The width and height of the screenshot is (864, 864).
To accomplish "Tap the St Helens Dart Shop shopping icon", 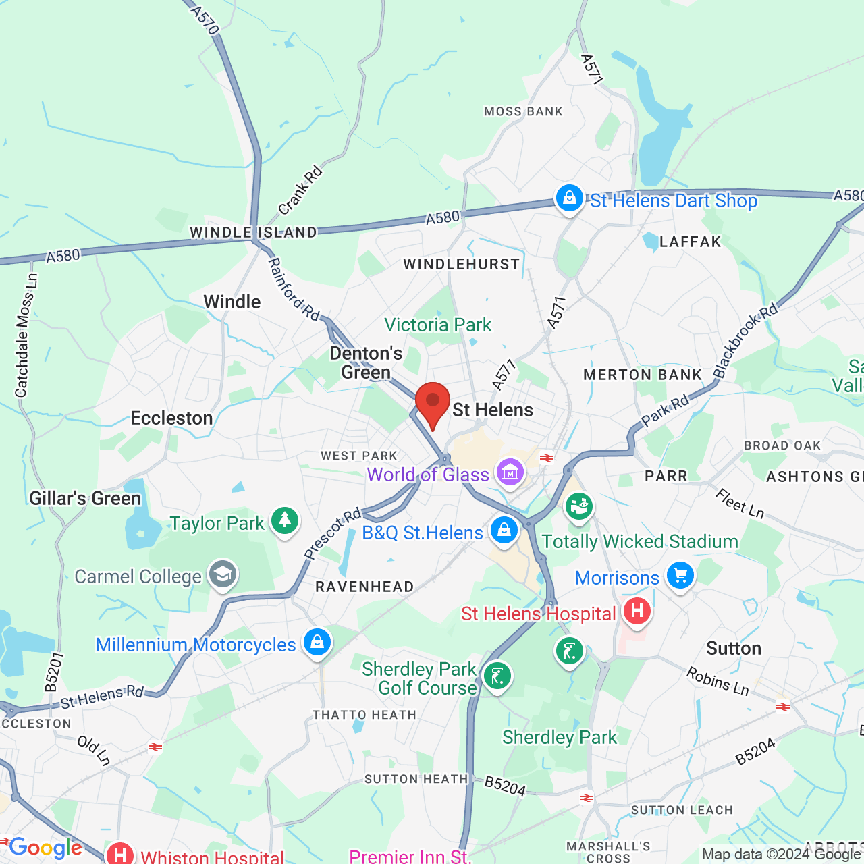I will point(570,198).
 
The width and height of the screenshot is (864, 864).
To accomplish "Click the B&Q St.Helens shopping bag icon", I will point(504,530).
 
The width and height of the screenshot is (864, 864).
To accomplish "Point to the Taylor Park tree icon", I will point(285,520).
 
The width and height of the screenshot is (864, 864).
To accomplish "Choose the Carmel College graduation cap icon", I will point(222,574).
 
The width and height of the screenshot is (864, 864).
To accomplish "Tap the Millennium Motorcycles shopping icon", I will point(317,642).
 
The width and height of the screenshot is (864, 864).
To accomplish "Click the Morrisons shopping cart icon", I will point(680,575).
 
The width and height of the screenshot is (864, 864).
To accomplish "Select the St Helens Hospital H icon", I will point(637,611).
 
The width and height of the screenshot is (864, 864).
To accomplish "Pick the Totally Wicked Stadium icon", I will point(578,506).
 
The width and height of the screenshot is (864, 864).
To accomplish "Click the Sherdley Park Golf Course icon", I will point(497,676).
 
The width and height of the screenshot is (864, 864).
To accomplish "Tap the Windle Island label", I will point(253,232).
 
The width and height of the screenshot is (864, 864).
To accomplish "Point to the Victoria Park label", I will point(438,325).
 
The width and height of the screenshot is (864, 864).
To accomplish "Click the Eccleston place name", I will point(171,418).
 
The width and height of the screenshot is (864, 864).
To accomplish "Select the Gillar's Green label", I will point(85,499).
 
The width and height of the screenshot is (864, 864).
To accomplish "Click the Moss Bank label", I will point(523,111).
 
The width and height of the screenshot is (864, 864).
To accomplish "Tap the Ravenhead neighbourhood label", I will point(364,587).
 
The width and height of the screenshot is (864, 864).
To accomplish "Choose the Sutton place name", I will point(734,649).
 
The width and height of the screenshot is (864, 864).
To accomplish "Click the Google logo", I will point(45,848).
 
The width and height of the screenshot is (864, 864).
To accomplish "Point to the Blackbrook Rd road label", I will point(746,341).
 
